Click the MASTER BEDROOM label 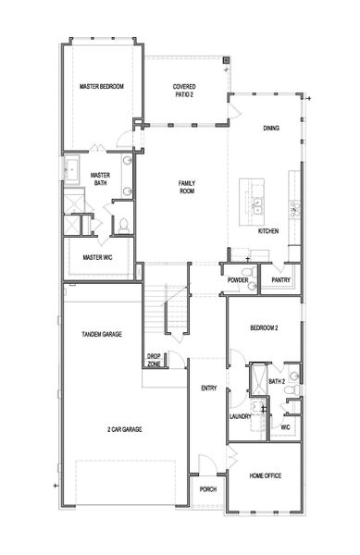101,87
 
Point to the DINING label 270,129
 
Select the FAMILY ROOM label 187,188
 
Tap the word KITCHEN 268,230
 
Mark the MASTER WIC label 98,257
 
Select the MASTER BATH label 101,179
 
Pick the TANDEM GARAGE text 103,334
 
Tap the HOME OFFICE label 265,475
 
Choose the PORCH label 207,488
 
